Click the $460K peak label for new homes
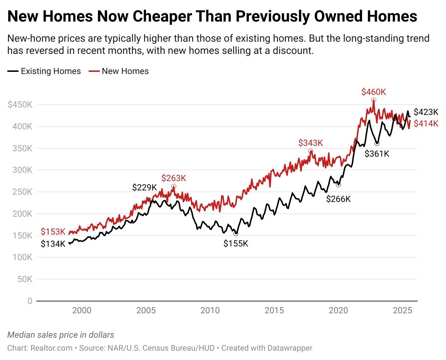coord(374,92)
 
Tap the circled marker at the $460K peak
coord(374,100)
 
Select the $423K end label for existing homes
coord(426,112)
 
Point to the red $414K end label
coord(426,124)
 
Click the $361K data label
coord(377,154)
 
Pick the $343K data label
coord(311,143)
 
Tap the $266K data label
coord(338,199)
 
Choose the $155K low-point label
coord(236,244)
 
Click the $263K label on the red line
coord(174,178)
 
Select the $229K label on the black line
coord(145,188)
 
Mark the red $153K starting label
coord(53,232)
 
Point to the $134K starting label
coord(53,244)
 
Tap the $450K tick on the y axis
coord(20,105)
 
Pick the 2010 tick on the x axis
coord(210,310)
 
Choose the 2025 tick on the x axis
coord(402,310)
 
